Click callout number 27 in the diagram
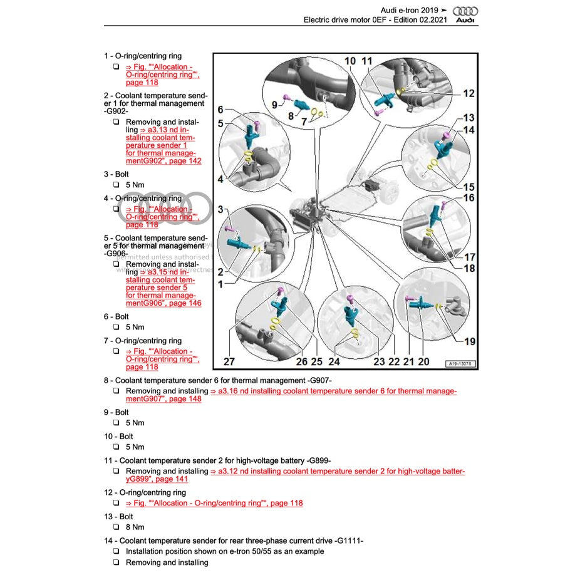(229, 361)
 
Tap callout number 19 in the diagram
(469, 341)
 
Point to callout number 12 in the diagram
(469, 93)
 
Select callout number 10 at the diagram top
(350, 61)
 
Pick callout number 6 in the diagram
(220, 110)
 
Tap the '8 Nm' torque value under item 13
(135, 527)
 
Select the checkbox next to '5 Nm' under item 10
(117, 447)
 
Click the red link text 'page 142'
(185, 161)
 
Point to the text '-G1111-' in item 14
(349, 540)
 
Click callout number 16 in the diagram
(469, 199)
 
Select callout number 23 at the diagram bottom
(379, 361)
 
